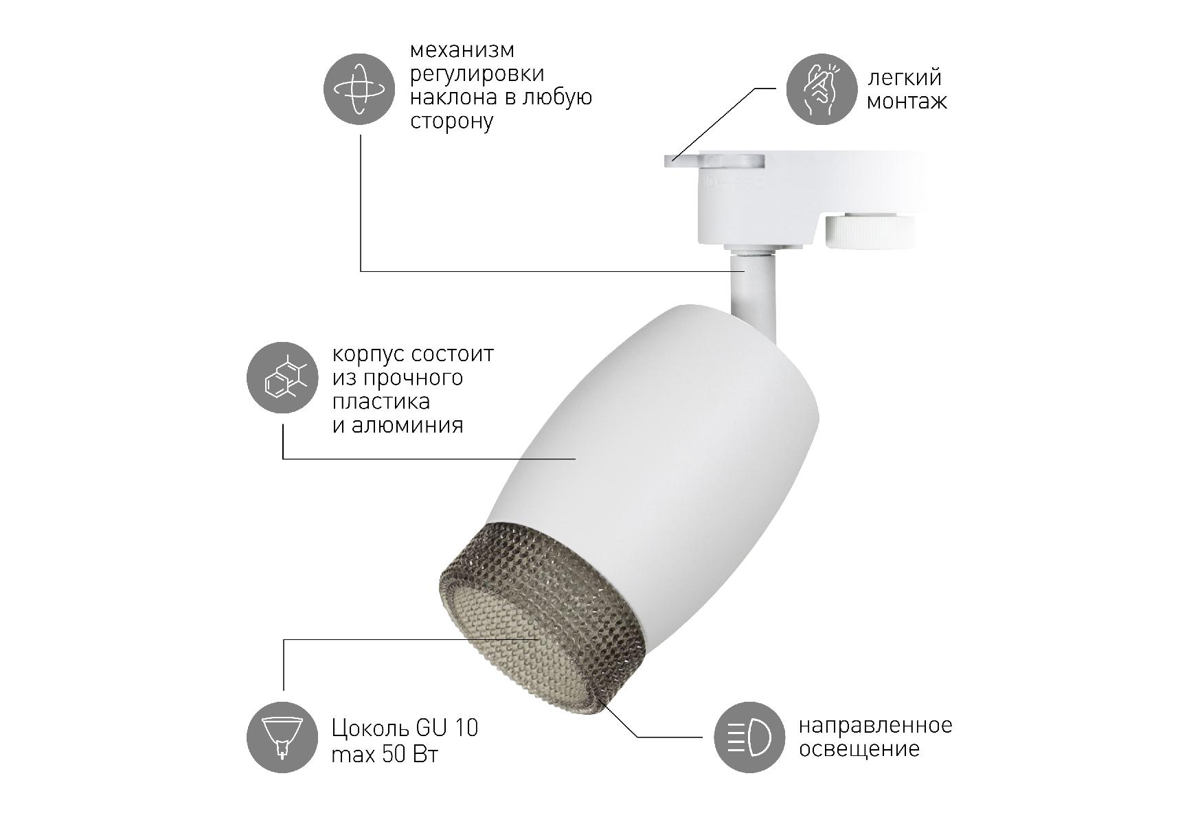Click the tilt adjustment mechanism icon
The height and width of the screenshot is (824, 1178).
[x=359, y=89]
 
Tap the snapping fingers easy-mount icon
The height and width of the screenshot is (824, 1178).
[x=821, y=89]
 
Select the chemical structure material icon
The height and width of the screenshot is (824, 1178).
[x=282, y=378]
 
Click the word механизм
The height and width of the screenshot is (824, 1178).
[x=462, y=51]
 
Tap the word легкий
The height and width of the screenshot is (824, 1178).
[x=904, y=78]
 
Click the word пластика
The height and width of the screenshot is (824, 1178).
[x=381, y=402]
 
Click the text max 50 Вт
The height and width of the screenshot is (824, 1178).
[x=385, y=755]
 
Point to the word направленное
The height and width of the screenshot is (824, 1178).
[x=875, y=726]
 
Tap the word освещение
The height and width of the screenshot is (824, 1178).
[x=859, y=749]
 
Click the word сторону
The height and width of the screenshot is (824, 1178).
[x=451, y=122]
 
